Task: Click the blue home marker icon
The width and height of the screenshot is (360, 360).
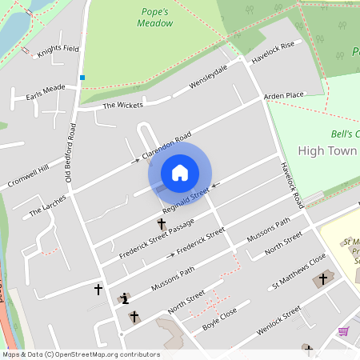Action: click(x=180, y=173)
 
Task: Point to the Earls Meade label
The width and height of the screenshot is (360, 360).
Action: click(x=46, y=89)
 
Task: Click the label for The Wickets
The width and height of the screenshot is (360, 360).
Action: click(x=122, y=105)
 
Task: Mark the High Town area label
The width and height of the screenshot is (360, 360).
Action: click(x=328, y=150)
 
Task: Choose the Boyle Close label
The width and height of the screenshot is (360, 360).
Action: click(x=221, y=320)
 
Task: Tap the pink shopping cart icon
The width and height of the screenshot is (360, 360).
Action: click(x=344, y=331)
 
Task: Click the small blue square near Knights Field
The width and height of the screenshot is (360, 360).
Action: click(x=82, y=78)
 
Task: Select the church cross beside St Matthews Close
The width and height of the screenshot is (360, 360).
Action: click(x=323, y=278)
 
